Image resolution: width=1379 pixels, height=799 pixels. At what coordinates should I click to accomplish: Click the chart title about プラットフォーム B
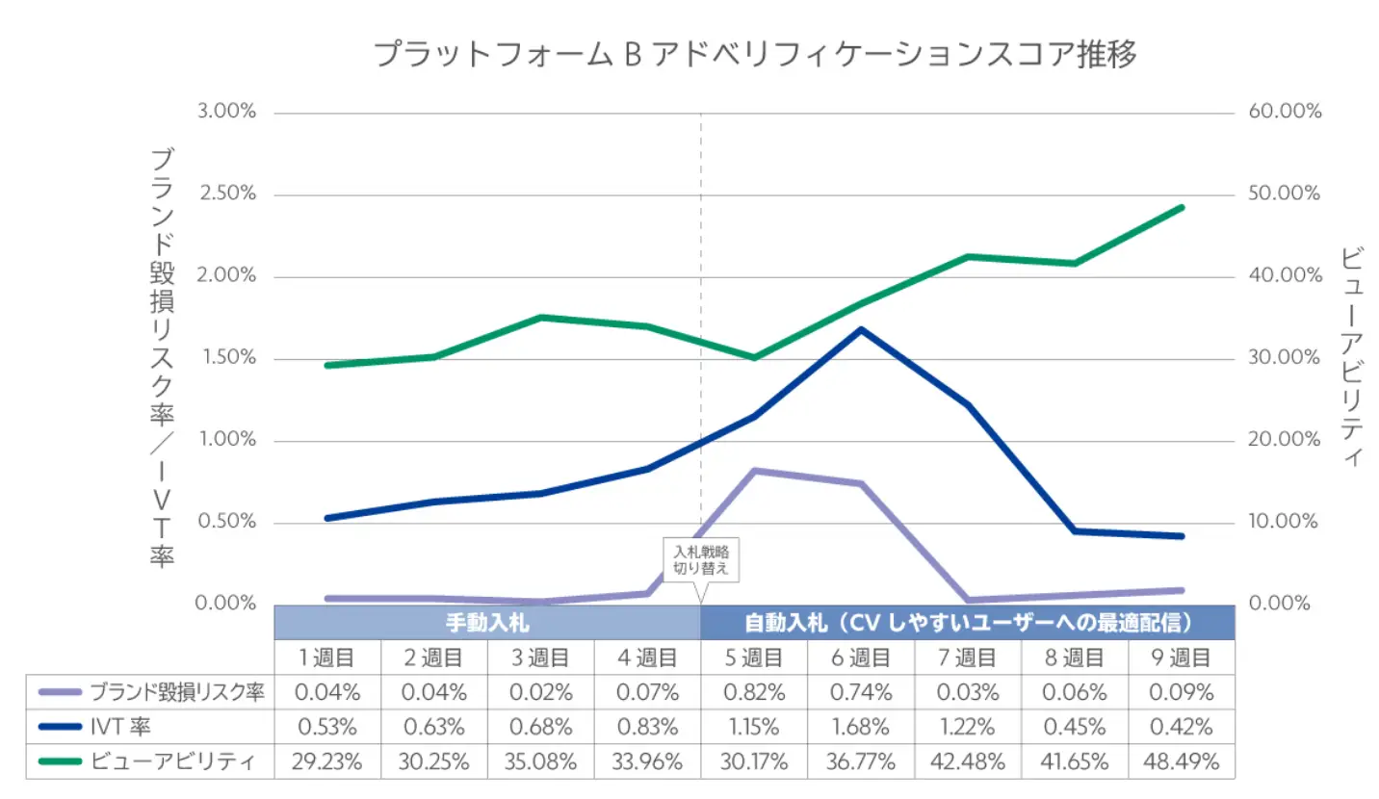point(755,55)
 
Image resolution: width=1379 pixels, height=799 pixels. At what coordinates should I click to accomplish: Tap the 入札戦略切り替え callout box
point(701,560)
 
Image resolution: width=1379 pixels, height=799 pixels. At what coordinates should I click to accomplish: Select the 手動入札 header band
point(487,622)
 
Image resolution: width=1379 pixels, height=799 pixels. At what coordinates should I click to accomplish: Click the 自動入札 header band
point(968,622)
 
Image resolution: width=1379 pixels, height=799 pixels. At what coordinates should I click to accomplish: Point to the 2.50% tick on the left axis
point(227,193)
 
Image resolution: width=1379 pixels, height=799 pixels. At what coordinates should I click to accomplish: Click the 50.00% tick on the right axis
point(1285,193)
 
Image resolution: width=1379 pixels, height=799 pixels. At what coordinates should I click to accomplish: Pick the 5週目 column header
point(754,657)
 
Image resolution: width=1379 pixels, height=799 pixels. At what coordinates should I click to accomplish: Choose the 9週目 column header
point(1182,657)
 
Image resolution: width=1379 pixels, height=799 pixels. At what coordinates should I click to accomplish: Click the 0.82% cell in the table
point(754,692)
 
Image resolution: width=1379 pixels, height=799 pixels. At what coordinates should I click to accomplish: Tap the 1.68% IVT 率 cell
point(861,727)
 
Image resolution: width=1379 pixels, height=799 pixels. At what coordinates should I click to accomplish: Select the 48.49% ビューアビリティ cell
point(1182,762)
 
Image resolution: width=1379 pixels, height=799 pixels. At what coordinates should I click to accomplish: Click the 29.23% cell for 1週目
point(327,762)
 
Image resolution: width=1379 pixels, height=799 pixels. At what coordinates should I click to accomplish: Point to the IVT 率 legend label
point(120,727)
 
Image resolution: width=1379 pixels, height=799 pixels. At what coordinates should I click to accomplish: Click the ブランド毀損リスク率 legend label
point(176,692)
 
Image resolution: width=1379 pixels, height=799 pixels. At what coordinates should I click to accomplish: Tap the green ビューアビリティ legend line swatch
point(60,762)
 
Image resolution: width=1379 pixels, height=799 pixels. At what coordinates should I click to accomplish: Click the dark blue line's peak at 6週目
point(860,329)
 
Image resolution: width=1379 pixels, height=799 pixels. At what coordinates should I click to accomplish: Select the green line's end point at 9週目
point(1182,207)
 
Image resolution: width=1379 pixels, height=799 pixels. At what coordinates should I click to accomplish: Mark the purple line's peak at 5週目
point(754,471)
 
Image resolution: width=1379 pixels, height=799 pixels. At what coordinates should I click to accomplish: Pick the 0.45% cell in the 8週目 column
point(1075,727)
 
